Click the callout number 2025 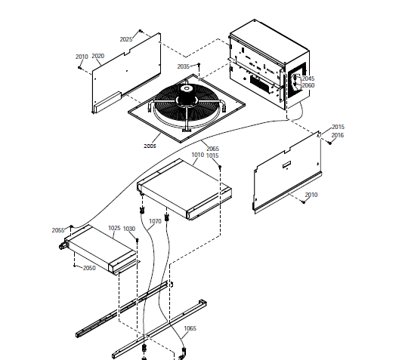pyautogui.click(x=126, y=39)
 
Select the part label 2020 pyautogui.click(x=98, y=56)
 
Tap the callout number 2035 pyautogui.click(x=184, y=66)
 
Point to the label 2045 pyautogui.click(x=308, y=78)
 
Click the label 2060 pyautogui.click(x=308, y=85)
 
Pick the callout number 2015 pyautogui.click(x=339, y=127)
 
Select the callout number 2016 pyautogui.click(x=338, y=135)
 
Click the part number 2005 pyautogui.click(x=150, y=146)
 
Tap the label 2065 pyautogui.click(x=213, y=149)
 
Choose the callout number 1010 pyautogui.click(x=198, y=155)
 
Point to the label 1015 pyautogui.click(x=212, y=155)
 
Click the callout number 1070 pyautogui.click(x=155, y=221)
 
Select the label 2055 pyautogui.click(x=58, y=230)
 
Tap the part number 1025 pyautogui.click(x=114, y=228)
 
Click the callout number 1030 pyautogui.click(x=129, y=229)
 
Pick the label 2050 pyautogui.click(x=89, y=268)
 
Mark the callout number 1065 pyautogui.click(x=190, y=328)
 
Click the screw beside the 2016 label pyautogui.click(x=330, y=143)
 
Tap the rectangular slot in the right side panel pyautogui.click(x=286, y=165)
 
